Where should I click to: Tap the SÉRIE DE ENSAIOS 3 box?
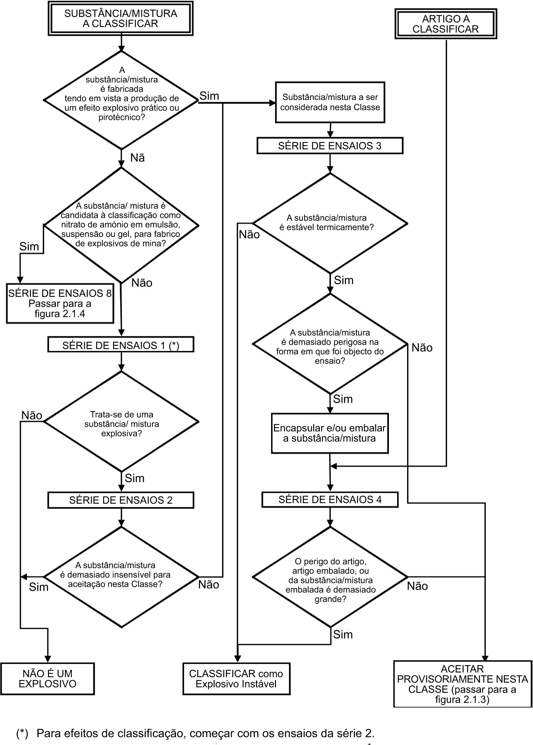point(330,146)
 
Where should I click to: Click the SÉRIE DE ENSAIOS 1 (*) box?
point(121,345)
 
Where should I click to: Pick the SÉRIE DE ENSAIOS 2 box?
point(121,500)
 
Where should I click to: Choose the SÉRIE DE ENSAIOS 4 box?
point(330,500)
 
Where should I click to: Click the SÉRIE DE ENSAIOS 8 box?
point(60,304)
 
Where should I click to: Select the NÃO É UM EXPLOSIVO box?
point(48,679)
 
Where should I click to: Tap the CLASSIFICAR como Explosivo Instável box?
point(236,679)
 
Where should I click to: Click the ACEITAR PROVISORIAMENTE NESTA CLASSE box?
point(463,684)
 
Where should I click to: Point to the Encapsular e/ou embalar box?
point(330,433)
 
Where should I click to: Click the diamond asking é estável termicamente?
point(330,223)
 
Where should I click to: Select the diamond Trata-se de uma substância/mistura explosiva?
point(121,422)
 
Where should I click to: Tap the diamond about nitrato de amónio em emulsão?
point(121,225)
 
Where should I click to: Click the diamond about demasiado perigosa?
point(330,344)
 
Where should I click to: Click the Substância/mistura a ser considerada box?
point(330,102)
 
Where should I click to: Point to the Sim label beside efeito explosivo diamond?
point(209,96)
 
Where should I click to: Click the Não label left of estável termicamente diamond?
point(249,235)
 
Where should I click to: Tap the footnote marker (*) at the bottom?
point(22,734)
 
